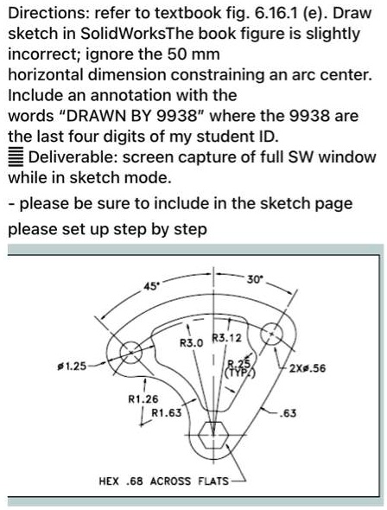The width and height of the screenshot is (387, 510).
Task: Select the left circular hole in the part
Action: tap(131, 352)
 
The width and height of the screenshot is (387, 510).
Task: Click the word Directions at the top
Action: tap(44, 12)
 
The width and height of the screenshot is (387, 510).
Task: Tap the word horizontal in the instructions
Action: tap(43, 75)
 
